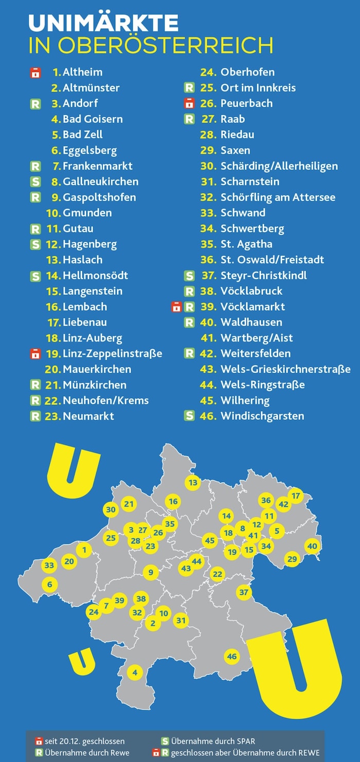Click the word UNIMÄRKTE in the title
tap(103, 23)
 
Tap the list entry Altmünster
tap(91, 87)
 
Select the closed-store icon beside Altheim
tap(35, 72)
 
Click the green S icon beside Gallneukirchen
tap(35, 182)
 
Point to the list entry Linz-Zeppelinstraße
tap(112, 353)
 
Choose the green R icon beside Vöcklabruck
tap(189, 291)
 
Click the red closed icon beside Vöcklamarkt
tap(176, 307)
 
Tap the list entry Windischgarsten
tap(262, 416)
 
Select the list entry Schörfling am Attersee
tap(278, 197)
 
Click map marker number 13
tap(193, 483)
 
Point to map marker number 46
tap(232, 657)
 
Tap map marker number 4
tap(135, 672)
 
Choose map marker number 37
tap(244, 592)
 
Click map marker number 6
tap(49, 584)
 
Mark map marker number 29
tap(292, 559)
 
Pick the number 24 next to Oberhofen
tap(207, 72)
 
